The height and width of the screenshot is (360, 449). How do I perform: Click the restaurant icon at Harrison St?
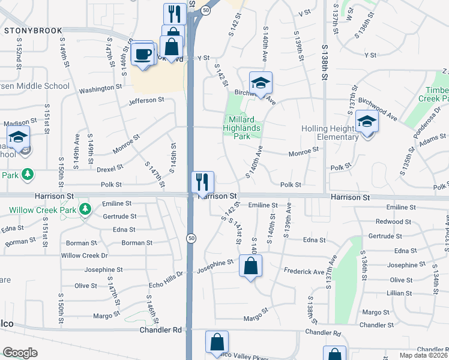[202, 182]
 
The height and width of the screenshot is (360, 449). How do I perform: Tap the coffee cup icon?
[143, 53]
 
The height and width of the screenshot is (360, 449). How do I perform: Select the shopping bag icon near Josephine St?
[250, 266]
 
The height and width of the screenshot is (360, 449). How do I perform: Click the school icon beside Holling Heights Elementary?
[367, 122]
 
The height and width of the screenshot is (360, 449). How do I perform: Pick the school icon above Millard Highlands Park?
[261, 83]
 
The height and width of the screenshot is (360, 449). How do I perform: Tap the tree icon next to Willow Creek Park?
[86, 209]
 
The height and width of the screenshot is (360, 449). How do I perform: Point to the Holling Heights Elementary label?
[330, 133]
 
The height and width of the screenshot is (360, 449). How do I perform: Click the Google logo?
[20, 353]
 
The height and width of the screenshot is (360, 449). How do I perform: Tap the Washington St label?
[100, 88]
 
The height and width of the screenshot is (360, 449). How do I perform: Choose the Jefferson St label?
[146, 100]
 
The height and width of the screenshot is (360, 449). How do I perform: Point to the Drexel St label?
[110, 169]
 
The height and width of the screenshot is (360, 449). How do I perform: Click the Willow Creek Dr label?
[84, 256]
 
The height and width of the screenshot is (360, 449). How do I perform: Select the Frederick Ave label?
[304, 272]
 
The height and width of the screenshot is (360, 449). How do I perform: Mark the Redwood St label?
[403, 222]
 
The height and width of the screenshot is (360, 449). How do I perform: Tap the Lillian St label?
[403, 293]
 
